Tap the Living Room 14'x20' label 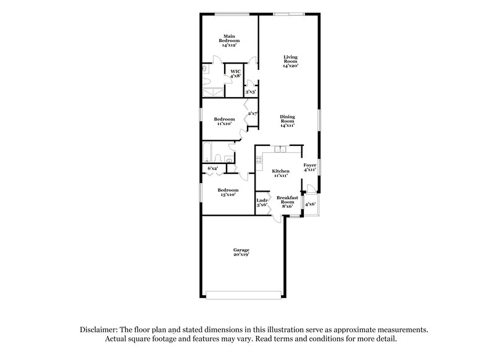pos(290,61)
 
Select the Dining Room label pos(287,121)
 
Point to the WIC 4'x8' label pos(235,74)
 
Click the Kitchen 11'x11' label pos(280,173)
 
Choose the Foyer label pos(309,167)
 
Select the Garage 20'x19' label pos(241,252)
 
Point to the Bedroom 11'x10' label pos(224,121)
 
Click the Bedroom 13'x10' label pos(227,192)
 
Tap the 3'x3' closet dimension pos(251,92)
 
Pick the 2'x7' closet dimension pos(252,113)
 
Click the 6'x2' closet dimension pos(213,168)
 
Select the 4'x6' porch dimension pos(310,204)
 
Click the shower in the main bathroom pos(213,92)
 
